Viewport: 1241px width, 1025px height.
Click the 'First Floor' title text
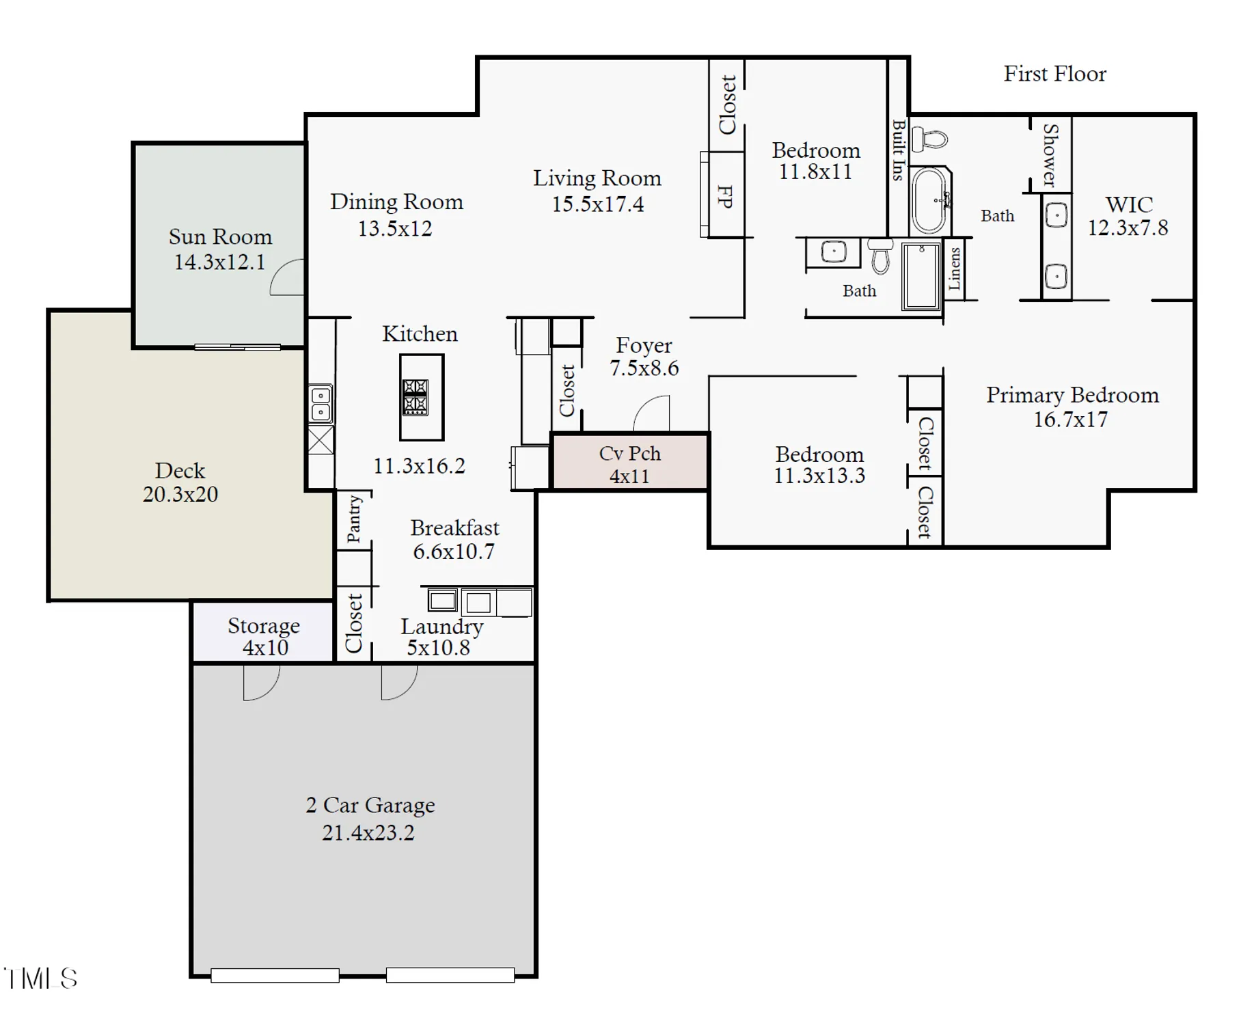pyautogui.click(x=1054, y=74)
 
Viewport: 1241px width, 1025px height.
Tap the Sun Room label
pyautogui.click(x=220, y=236)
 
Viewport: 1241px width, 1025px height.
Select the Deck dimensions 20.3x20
pyautogui.click(x=180, y=494)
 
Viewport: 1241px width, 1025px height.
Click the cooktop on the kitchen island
pyautogui.click(x=415, y=397)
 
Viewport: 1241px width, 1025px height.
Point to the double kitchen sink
pyautogui.click(x=321, y=404)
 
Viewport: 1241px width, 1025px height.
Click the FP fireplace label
pyautogui.click(x=725, y=196)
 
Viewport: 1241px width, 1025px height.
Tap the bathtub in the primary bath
pyautogui.click(x=929, y=200)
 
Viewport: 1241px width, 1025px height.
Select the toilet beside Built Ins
pyautogui.click(x=931, y=139)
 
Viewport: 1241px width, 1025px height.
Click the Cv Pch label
pyautogui.click(x=629, y=454)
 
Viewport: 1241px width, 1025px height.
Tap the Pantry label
pyautogui.click(x=354, y=519)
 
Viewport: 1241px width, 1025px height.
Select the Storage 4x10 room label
pyautogui.click(x=263, y=626)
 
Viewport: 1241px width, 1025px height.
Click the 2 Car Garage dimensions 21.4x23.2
pyautogui.click(x=368, y=833)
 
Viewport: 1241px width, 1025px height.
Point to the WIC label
pyautogui.click(x=1128, y=204)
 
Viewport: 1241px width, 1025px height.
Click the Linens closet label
pyautogui.click(x=954, y=269)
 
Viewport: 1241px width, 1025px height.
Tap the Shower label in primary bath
pyautogui.click(x=1050, y=155)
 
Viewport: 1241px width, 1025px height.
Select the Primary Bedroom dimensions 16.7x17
pyautogui.click(x=1070, y=420)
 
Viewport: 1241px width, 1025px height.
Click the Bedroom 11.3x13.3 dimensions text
pyautogui.click(x=819, y=476)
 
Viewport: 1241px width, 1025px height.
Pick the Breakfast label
pyautogui.click(x=454, y=528)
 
